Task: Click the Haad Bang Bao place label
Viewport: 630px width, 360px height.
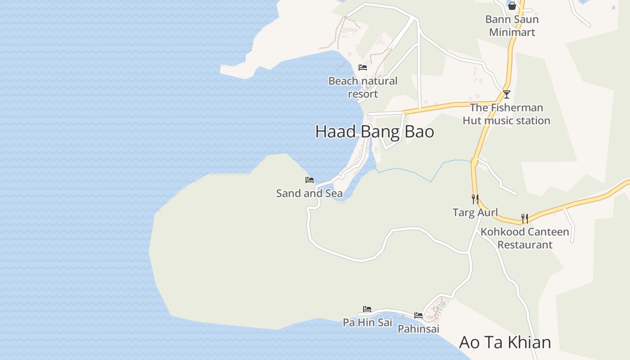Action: coord(374,131)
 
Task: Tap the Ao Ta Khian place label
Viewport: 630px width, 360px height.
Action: coord(505,342)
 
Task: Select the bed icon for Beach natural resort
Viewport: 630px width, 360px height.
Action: coord(363,67)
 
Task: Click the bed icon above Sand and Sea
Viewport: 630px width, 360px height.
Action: coord(310,180)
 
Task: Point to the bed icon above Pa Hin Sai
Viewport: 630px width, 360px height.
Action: coord(367,309)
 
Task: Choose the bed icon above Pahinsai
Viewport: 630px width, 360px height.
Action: coord(418,315)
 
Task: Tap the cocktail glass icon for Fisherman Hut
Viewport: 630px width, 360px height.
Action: coord(506,94)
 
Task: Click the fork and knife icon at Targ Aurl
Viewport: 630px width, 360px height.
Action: coord(475,199)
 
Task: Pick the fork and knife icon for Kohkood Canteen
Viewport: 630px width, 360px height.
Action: coord(525,219)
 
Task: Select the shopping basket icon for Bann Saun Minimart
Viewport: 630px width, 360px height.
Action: coord(512,6)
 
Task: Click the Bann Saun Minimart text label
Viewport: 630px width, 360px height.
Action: coord(512,26)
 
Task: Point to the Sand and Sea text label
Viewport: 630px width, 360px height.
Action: coord(309,193)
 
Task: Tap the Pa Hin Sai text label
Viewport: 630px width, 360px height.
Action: coord(367,322)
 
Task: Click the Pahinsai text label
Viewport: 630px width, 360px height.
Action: coord(418,329)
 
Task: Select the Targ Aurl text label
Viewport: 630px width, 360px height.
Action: coord(475,212)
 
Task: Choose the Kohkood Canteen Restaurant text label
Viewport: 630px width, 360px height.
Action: coord(525,238)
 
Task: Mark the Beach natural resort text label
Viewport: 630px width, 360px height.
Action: coord(363,87)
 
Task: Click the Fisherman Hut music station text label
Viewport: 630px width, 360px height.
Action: coord(506,114)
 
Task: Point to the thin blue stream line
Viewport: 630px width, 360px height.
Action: coord(414,174)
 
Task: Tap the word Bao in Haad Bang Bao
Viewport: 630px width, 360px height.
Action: coord(418,131)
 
